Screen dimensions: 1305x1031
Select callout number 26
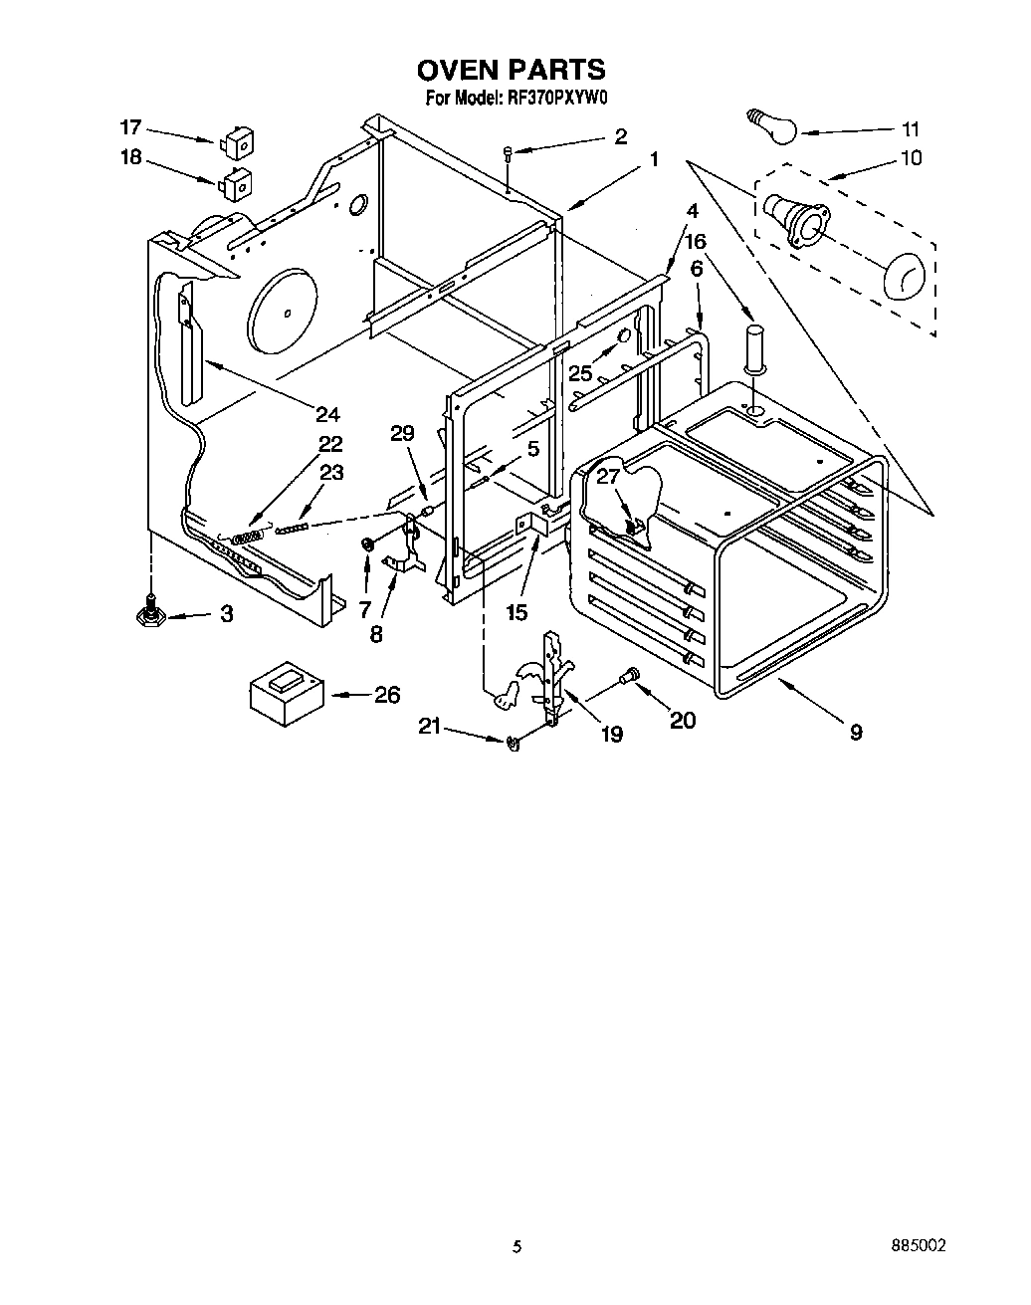click(388, 694)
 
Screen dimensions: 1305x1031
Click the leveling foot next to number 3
click(151, 615)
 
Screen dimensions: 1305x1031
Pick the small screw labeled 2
click(508, 151)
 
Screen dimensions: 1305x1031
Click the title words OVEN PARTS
click(511, 70)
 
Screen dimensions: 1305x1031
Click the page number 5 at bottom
click(515, 1245)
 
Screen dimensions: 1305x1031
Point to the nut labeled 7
click(367, 544)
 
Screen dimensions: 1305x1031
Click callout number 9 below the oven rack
click(856, 733)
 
